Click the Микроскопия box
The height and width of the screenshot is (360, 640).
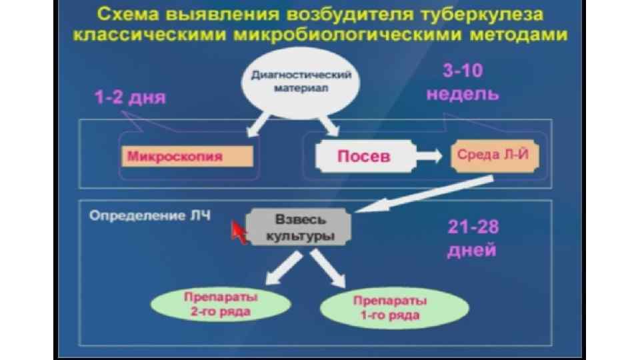coord(187,157)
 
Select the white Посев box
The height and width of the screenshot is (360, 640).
coord(363,156)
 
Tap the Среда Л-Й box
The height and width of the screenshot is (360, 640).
coord(494,155)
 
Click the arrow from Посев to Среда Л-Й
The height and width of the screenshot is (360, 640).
coord(429,156)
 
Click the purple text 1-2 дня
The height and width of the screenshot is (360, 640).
coord(130,98)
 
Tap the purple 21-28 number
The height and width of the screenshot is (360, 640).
coord(473,227)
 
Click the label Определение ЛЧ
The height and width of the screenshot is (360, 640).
coord(149,216)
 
